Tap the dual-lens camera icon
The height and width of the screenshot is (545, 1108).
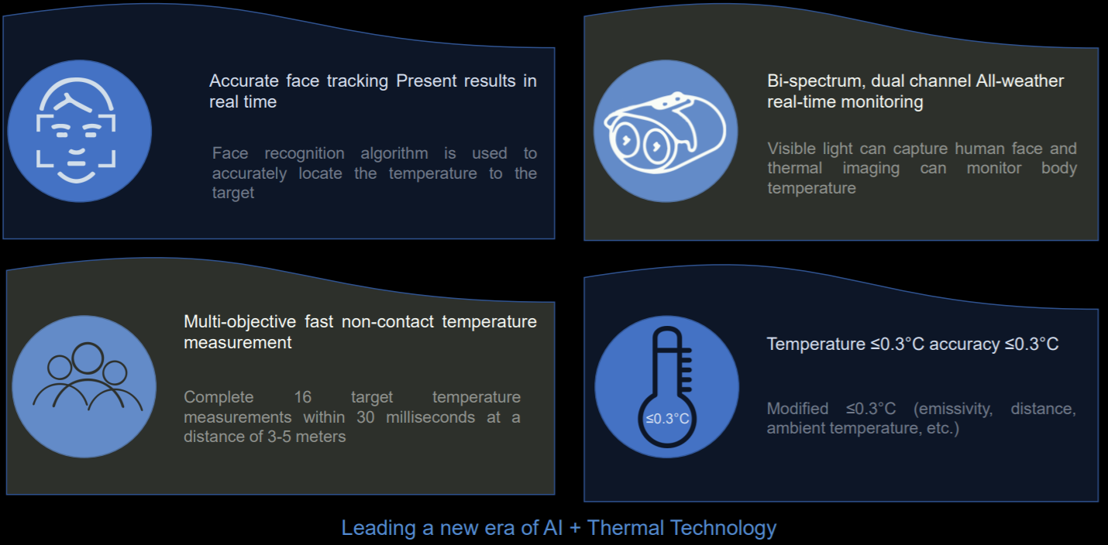click(665, 132)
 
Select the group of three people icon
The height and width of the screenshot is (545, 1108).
click(88, 376)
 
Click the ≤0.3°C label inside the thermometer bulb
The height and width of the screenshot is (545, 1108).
click(667, 419)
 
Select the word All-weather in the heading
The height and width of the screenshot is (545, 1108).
click(1020, 81)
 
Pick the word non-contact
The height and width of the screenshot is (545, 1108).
click(387, 322)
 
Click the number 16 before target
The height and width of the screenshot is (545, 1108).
click(303, 397)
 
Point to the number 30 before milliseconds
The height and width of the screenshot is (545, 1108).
click(365, 417)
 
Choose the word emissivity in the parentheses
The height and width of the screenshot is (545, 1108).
click(953, 409)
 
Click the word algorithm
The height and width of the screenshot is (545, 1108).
click(394, 153)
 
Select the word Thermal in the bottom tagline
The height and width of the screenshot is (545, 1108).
click(625, 528)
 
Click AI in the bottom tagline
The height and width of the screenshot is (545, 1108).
click(553, 528)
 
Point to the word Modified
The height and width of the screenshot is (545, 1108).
click(797, 409)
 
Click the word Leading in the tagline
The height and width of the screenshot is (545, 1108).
click(378, 528)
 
